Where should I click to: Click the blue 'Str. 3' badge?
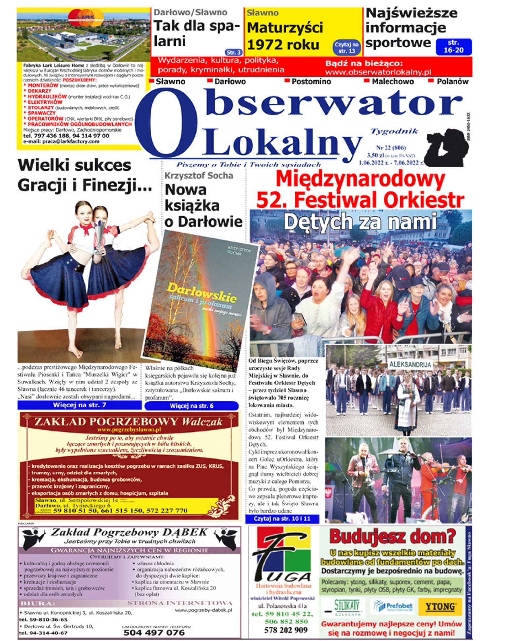tap(234, 52)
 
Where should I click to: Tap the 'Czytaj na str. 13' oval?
tap(347, 48)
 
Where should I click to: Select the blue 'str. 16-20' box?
tap(454, 46)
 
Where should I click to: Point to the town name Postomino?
tap(311, 81)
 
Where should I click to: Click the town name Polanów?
tap(452, 81)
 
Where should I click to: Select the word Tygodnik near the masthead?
tap(394, 131)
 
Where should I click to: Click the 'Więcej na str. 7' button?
tap(80, 405)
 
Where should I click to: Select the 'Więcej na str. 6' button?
tap(191, 406)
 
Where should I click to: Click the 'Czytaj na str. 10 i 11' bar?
tap(282, 519)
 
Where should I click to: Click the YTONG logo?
tap(441, 606)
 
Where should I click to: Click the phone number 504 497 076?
tap(154, 632)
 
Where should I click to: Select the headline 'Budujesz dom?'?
tap(392, 537)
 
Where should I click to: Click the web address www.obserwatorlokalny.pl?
tap(378, 72)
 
